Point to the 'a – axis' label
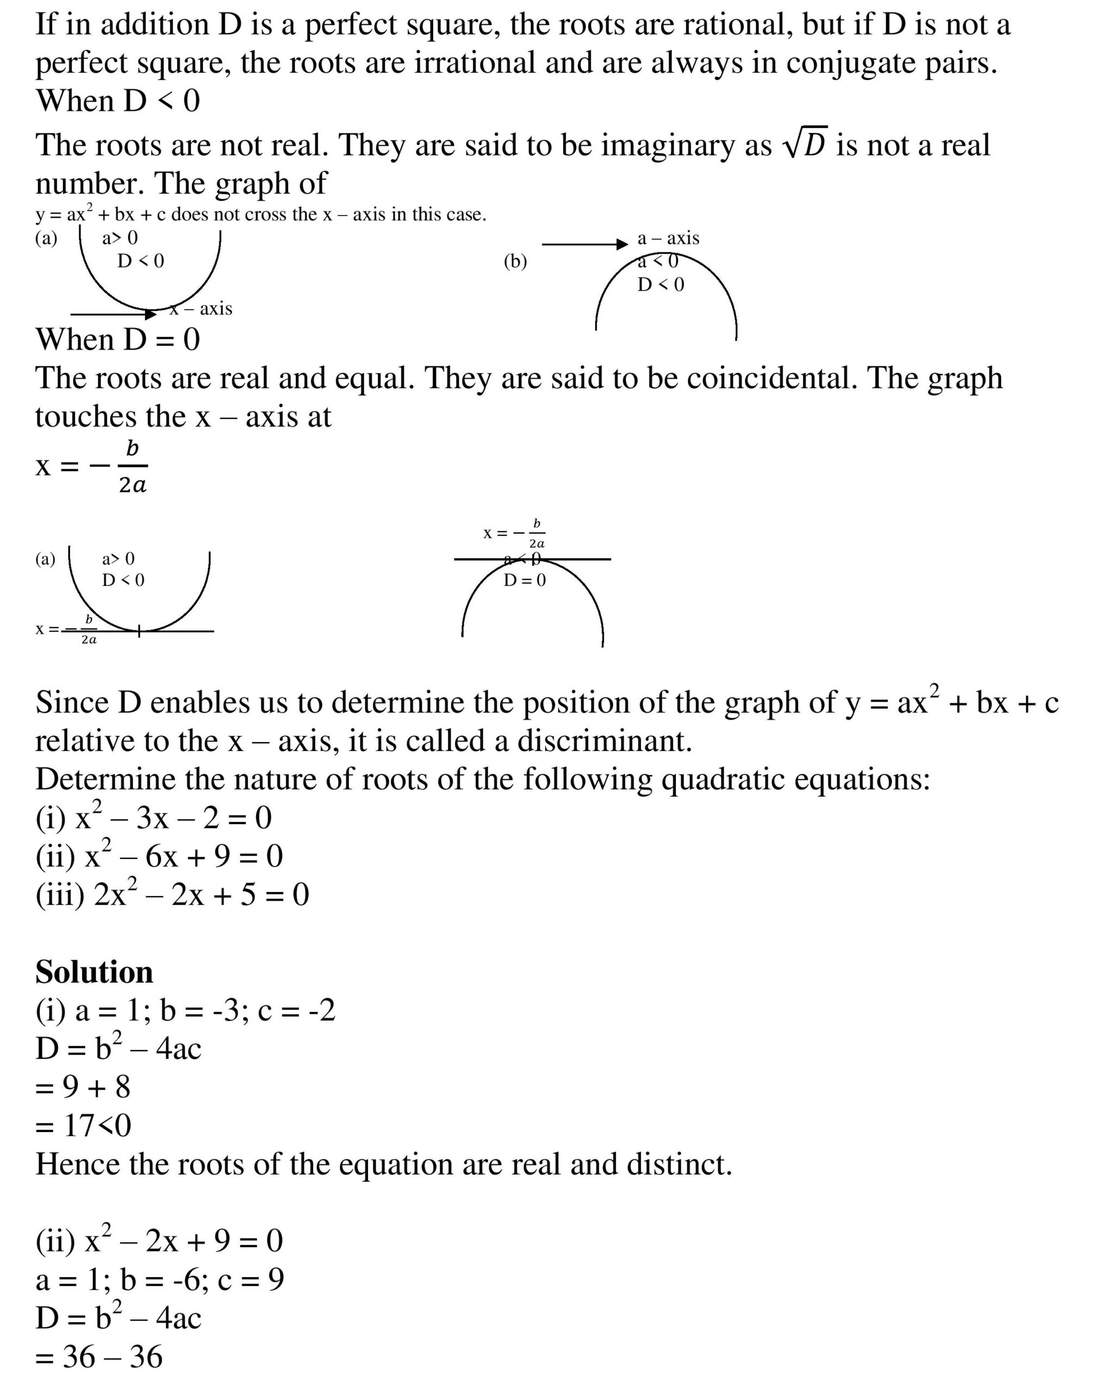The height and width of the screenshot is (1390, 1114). point(668,238)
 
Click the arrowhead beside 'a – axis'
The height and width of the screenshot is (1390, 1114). point(622,244)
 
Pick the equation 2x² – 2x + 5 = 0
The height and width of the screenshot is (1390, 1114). point(172,894)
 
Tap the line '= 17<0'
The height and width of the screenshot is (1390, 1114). point(83,1126)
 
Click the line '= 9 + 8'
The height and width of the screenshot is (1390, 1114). point(83,1087)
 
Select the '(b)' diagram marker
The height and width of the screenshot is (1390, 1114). point(515,261)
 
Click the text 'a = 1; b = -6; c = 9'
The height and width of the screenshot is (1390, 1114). point(159,1280)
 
